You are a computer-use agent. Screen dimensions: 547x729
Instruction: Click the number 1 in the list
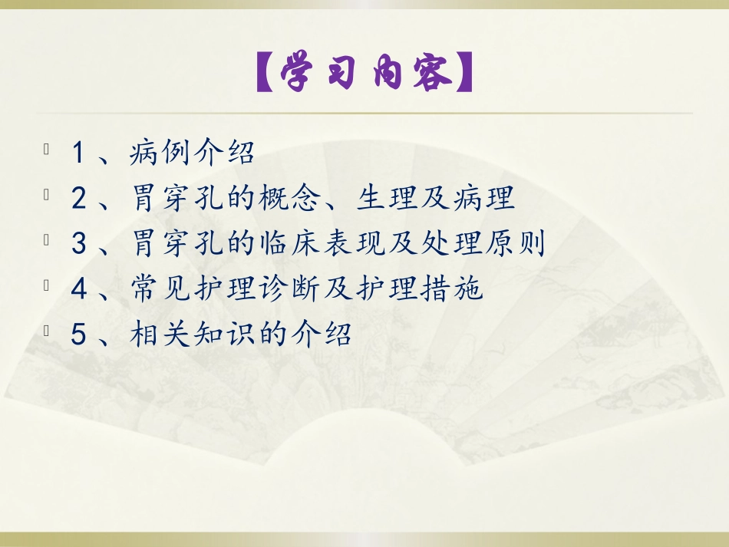point(78,153)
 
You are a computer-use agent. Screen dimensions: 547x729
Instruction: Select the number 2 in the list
point(78,199)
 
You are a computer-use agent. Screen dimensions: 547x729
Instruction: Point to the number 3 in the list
point(78,244)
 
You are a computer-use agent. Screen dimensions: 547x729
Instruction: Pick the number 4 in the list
point(78,289)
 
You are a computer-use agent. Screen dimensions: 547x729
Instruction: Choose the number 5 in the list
point(78,334)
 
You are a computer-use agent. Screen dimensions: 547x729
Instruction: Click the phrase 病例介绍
point(193,153)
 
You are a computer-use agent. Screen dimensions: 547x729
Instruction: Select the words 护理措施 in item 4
point(424,289)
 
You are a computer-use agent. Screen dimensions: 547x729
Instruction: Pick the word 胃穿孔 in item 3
point(176,244)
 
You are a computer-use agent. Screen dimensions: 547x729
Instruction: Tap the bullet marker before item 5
point(48,329)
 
